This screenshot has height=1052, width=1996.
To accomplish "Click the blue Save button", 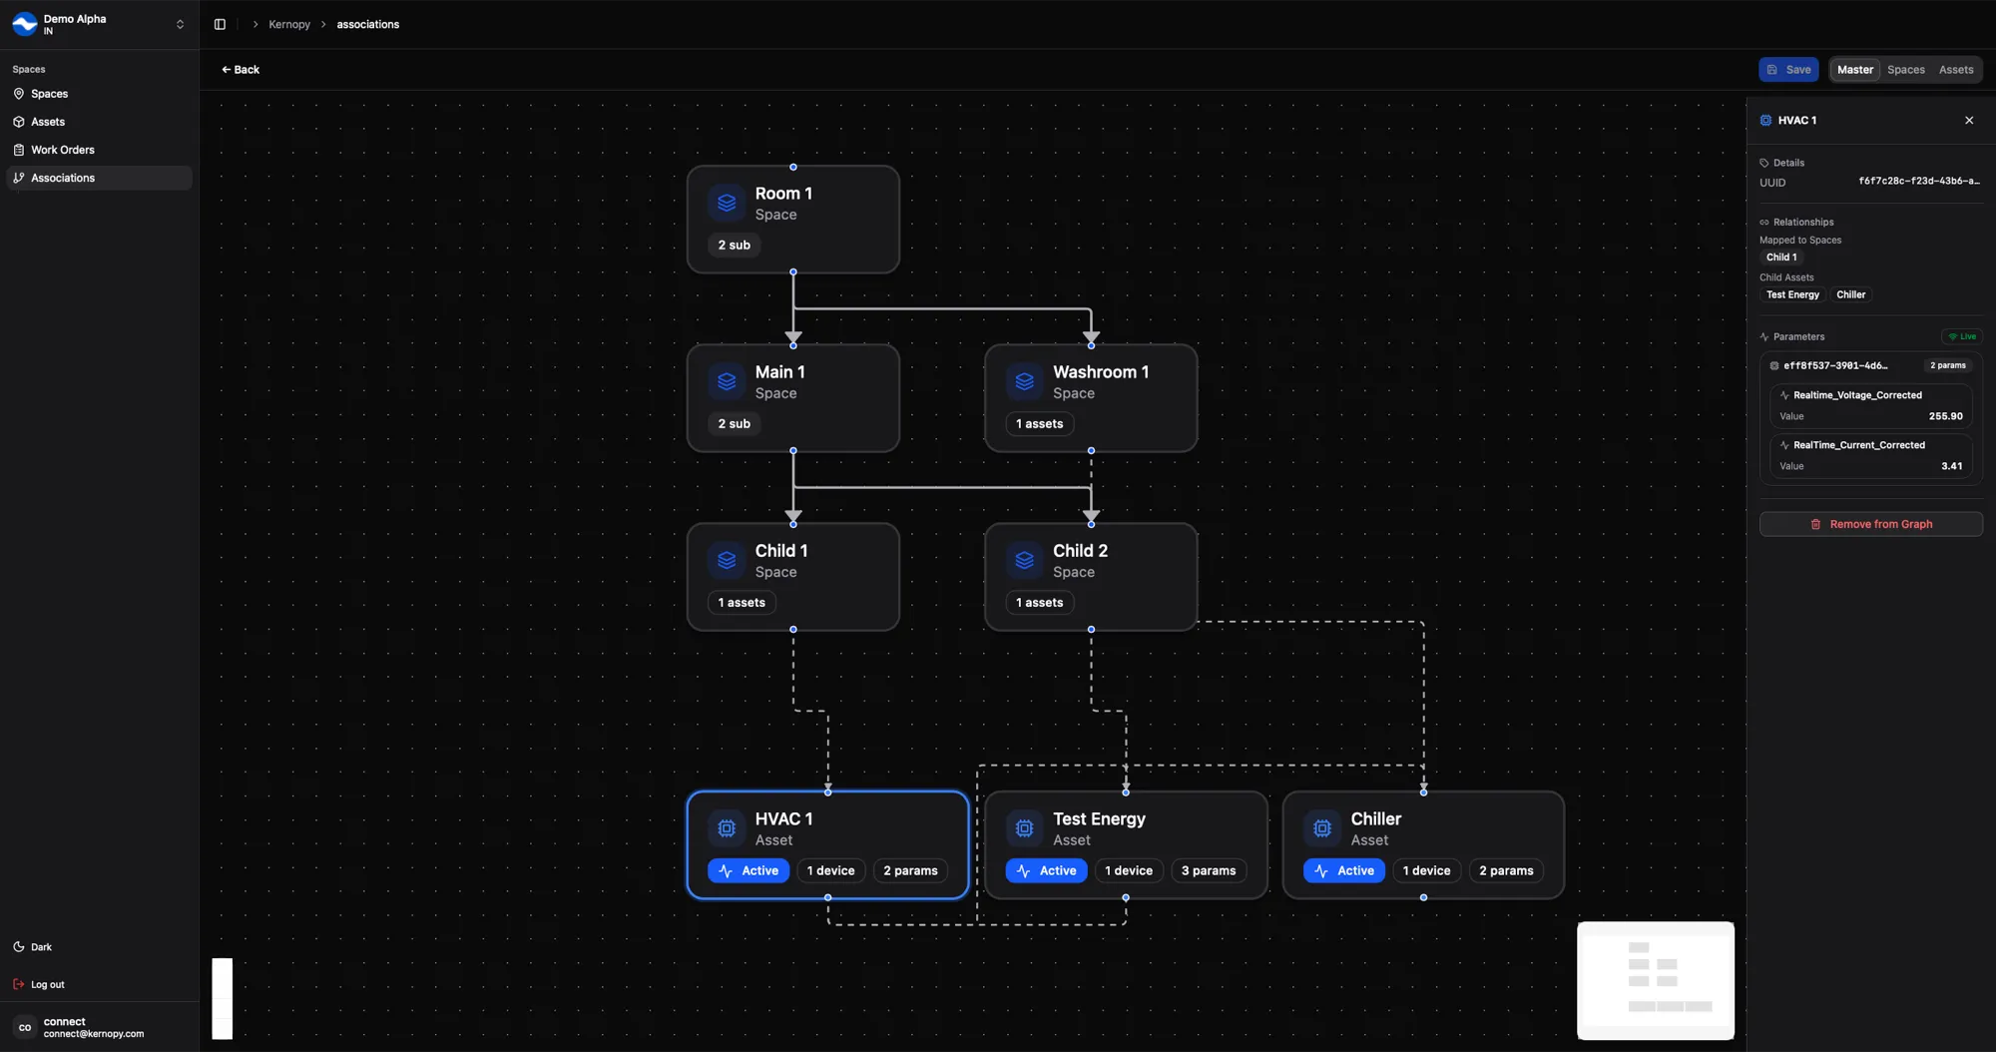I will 1788,70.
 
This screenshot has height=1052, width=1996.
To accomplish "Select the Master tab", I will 1854,70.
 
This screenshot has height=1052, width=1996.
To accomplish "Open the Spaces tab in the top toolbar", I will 1905,70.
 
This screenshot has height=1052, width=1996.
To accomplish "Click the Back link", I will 241,70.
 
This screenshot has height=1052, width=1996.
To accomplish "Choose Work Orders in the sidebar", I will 62,150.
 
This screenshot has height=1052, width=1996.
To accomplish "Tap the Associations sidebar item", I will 62,178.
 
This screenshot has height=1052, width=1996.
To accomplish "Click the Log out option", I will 47,984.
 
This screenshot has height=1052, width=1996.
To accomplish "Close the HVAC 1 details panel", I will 1969,121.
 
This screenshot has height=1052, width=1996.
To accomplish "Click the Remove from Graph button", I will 1870,524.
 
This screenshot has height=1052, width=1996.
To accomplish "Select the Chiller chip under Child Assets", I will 1850,294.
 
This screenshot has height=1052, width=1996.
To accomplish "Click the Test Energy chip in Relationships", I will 1792,294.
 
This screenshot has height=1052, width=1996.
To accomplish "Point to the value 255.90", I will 1945,416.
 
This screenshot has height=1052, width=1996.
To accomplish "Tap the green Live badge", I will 1961,336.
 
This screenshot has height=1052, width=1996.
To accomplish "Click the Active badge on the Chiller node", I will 1343,870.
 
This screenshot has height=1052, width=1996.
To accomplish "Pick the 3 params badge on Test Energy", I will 1208,870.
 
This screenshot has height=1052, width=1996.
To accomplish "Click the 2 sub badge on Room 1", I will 734,245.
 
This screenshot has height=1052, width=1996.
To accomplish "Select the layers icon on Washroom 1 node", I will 1024,381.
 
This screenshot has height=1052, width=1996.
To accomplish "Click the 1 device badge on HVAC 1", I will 830,870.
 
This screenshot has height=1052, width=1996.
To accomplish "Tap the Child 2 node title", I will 1080,551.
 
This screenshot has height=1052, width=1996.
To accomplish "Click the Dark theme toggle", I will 40,947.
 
